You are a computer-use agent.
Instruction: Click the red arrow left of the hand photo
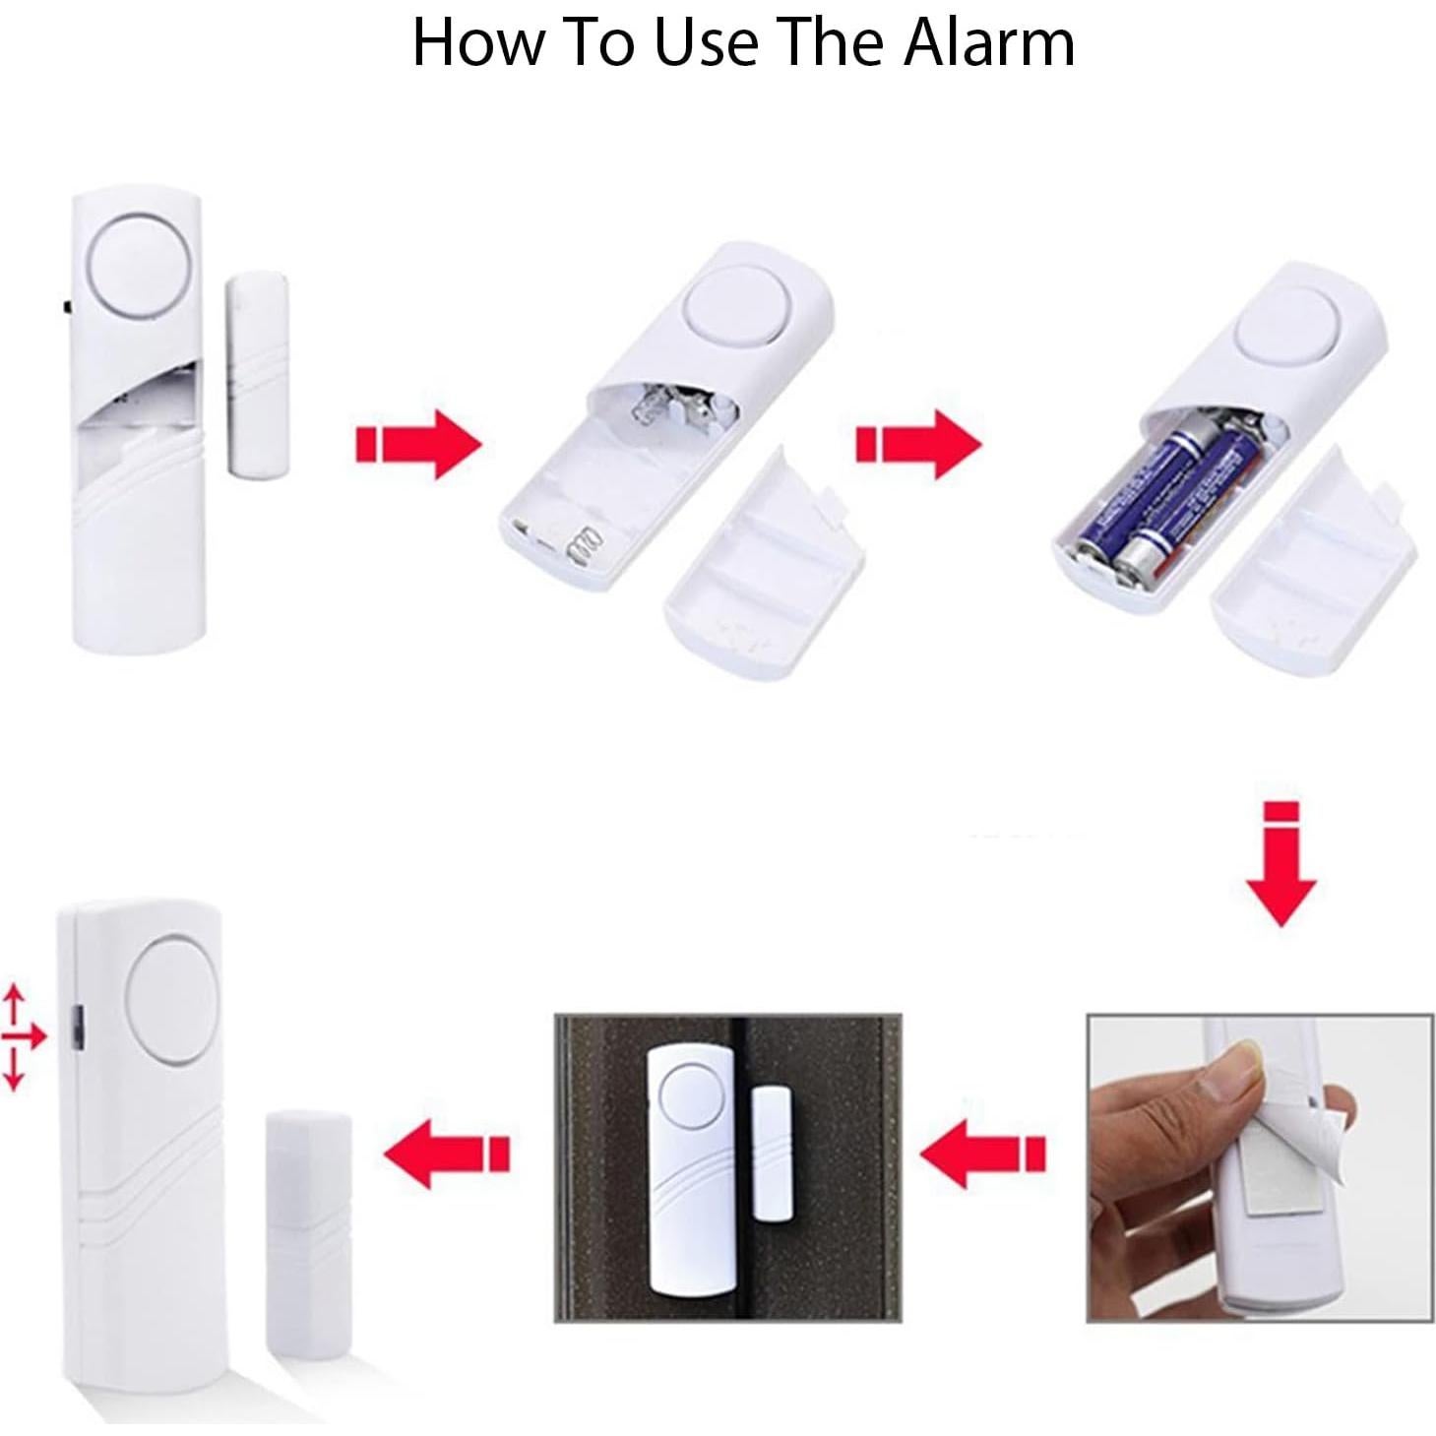point(985,1153)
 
